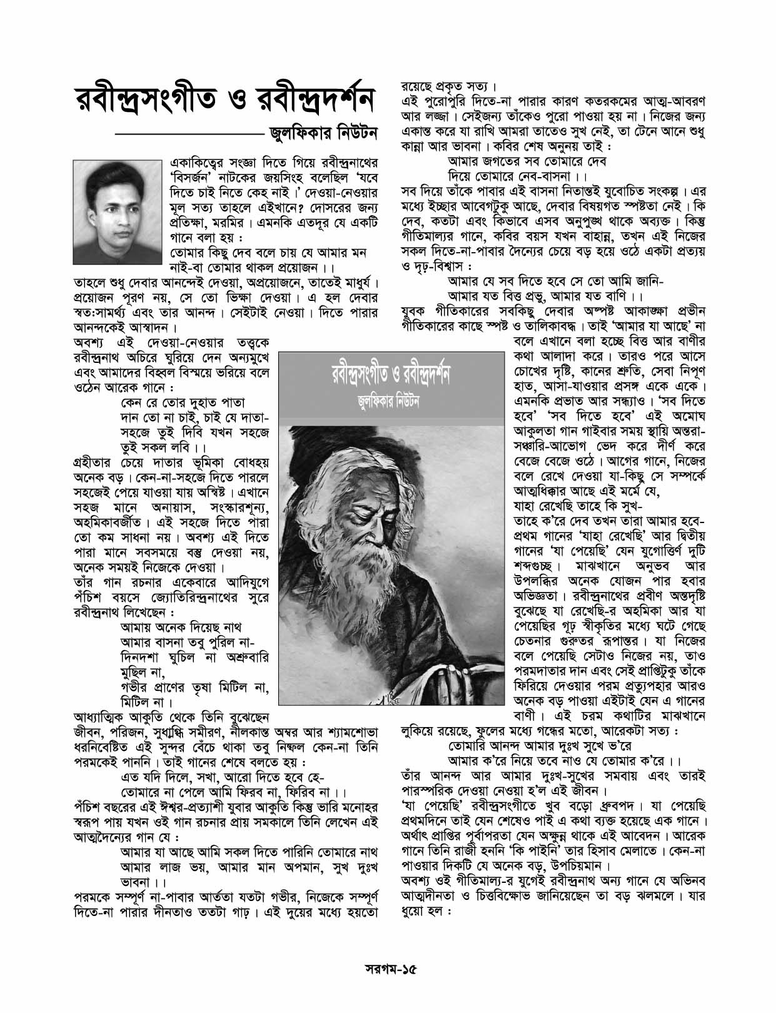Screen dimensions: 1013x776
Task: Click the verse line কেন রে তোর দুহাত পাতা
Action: click(x=183, y=402)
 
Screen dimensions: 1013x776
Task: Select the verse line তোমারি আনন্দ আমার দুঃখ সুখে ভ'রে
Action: click(x=540, y=746)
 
